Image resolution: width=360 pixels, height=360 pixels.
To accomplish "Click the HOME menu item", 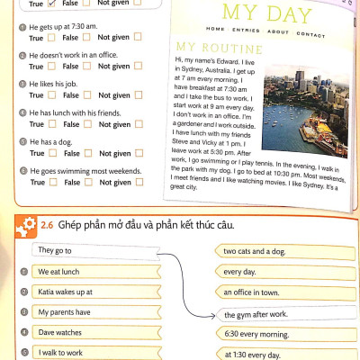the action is coord(215,30).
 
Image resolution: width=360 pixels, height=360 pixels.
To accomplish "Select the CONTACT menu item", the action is coord(310,34).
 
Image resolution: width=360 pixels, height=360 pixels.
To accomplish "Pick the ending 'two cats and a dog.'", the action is coord(262,251).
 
